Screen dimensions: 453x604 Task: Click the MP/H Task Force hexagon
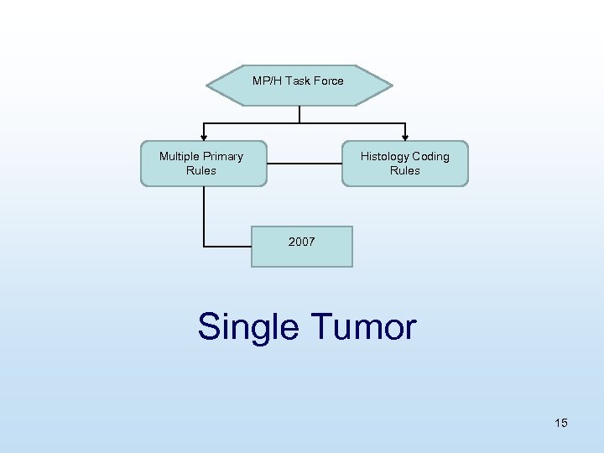click(299, 86)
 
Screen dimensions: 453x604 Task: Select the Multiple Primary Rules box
click(203, 163)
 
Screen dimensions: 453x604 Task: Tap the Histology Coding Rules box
click(404, 163)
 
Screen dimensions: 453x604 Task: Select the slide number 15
click(560, 423)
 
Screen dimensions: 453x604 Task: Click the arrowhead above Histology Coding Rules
click(405, 136)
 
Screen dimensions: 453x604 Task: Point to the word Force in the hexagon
click(327, 81)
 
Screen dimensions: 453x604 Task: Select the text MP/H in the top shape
click(267, 81)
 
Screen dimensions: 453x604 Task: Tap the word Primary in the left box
click(224, 156)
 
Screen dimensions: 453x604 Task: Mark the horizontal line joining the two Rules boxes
click(304, 163)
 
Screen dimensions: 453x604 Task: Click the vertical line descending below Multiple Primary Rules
click(204, 216)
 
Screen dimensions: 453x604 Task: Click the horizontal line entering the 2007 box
click(227, 246)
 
